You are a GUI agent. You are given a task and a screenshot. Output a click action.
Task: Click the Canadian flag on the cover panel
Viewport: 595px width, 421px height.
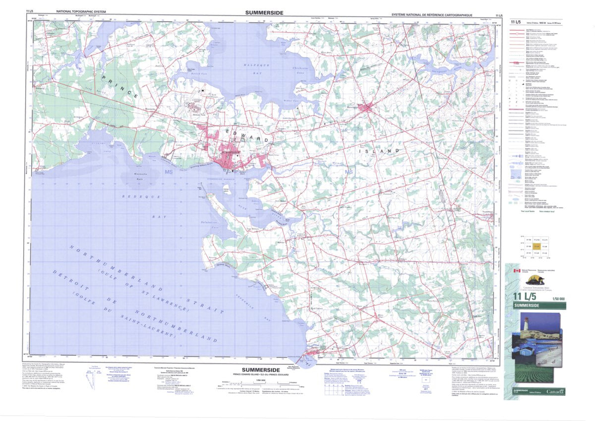point(516,271)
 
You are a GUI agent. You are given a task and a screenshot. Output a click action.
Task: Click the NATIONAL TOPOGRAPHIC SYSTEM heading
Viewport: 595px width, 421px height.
point(81,11)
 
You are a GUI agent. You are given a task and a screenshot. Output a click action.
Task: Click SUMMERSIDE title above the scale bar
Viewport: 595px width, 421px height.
point(260,370)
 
